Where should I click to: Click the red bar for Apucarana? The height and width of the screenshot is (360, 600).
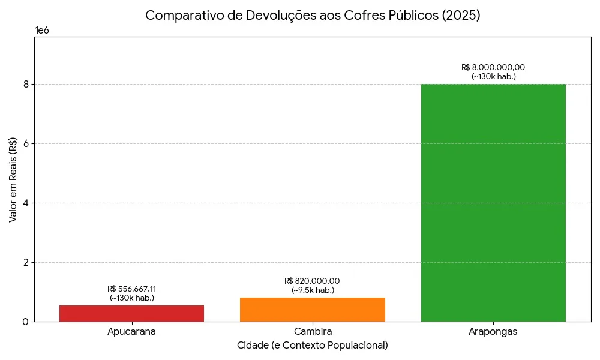131,313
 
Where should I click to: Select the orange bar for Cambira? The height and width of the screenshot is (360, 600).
312,309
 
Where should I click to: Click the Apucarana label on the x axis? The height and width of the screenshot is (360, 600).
131,332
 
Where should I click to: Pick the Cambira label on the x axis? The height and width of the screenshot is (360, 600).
313,332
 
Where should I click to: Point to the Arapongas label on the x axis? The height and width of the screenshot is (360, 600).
493,332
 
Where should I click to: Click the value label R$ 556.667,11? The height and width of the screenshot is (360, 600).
131,289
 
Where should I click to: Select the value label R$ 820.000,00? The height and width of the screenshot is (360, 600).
312,281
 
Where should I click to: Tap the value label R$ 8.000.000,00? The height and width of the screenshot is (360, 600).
493,67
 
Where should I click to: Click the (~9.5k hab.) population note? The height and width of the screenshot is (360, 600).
313,290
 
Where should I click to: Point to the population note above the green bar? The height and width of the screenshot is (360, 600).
493,76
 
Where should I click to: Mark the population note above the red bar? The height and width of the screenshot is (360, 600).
131,298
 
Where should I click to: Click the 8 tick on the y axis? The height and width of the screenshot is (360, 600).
26,85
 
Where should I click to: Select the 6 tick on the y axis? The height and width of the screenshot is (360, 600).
26,144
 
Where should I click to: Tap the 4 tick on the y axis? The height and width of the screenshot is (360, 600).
26,203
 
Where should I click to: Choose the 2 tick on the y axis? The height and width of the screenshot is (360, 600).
26,263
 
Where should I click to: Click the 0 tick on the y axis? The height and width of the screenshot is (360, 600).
26,322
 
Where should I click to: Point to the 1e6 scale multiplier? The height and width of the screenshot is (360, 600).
42,31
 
